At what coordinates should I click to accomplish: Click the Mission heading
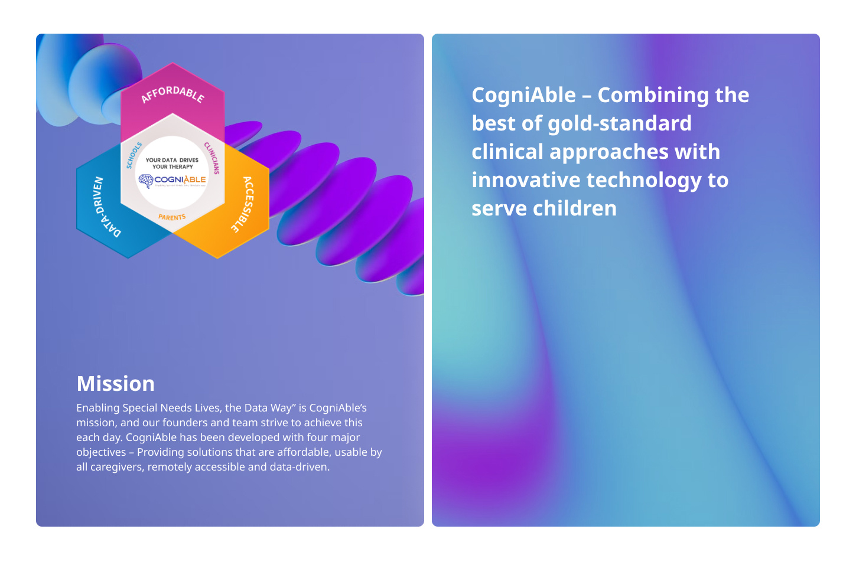tap(116, 384)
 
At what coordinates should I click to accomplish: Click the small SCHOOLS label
tap(134, 155)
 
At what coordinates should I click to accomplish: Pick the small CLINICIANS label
tap(212, 158)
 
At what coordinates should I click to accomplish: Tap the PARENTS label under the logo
tap(172, 217)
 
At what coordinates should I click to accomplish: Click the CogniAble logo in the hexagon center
tap(172, 179)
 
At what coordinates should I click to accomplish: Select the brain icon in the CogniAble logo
tap(145, 181)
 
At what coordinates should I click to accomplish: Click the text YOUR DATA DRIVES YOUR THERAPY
tap(172, 163)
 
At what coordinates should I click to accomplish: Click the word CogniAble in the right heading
tap(523, 95)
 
